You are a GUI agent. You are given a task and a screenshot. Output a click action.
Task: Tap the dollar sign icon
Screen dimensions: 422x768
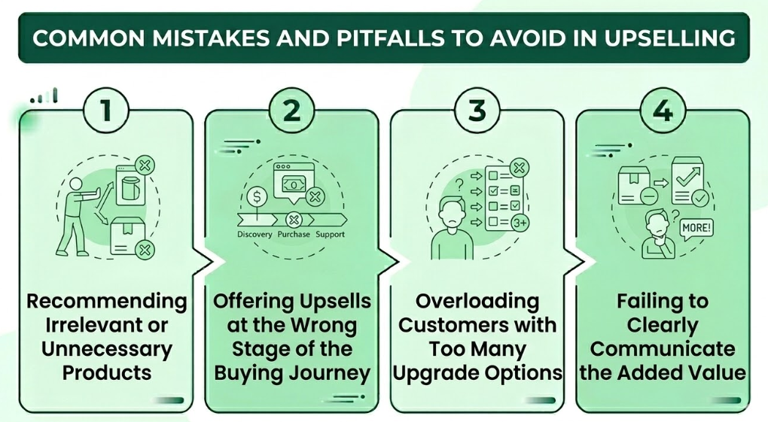coord(257,197)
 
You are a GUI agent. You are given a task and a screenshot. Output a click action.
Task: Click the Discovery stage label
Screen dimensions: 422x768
coord(254,235)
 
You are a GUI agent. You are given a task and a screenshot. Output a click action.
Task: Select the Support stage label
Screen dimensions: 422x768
coord(330,235)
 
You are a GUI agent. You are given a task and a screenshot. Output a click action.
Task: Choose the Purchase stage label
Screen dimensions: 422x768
coord(294,235)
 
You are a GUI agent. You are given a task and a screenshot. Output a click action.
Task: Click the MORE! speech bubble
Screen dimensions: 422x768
coord(696,226)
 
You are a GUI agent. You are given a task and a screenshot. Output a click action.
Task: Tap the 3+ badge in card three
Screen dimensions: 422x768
coord(520,223)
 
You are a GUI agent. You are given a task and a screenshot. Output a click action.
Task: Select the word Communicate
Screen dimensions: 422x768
coord(663,349)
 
